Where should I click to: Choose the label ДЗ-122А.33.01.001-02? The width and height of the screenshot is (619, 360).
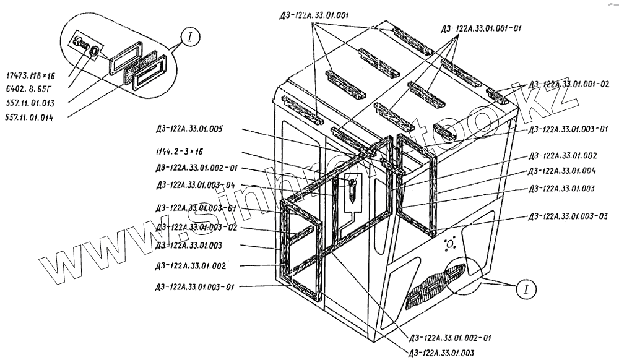pyautogui.click(x=569, y=84)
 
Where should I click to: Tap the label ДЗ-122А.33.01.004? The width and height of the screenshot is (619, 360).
pyautogui.click(x=561, y=171)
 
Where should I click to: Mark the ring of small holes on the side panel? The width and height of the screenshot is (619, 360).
pyautogui.click(x=450, y=245)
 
